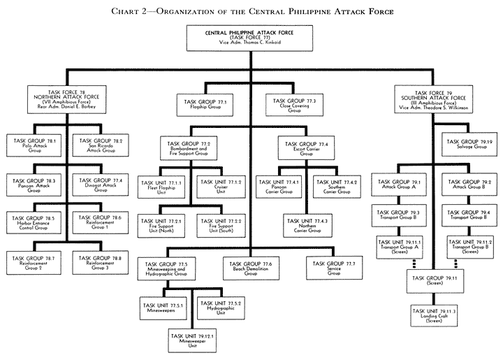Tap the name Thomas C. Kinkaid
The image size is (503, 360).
pyautogui.click(x=260, y=44)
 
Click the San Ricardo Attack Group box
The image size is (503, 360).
pyautogui.click(x=100, y=145)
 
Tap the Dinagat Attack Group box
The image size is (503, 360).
pyautogui.click(x=100, y=185)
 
